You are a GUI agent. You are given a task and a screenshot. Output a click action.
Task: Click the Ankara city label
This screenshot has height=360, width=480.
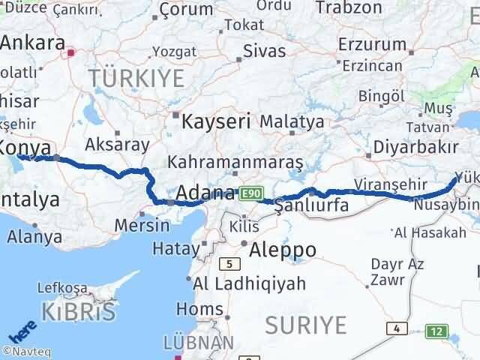32,43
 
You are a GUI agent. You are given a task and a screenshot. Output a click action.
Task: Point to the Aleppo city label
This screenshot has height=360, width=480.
284,249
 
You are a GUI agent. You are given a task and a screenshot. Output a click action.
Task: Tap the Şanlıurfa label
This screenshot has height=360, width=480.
311,205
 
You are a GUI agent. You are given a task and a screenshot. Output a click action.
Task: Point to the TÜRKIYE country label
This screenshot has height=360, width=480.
136,77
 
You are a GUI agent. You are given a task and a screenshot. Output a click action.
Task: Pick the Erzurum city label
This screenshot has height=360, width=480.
372,44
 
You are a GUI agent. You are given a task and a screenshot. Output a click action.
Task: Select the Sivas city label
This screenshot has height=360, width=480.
265,51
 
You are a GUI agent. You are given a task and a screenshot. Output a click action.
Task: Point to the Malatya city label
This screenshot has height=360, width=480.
293,120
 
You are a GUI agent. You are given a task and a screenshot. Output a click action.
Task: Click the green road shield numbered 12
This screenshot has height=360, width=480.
435,331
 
